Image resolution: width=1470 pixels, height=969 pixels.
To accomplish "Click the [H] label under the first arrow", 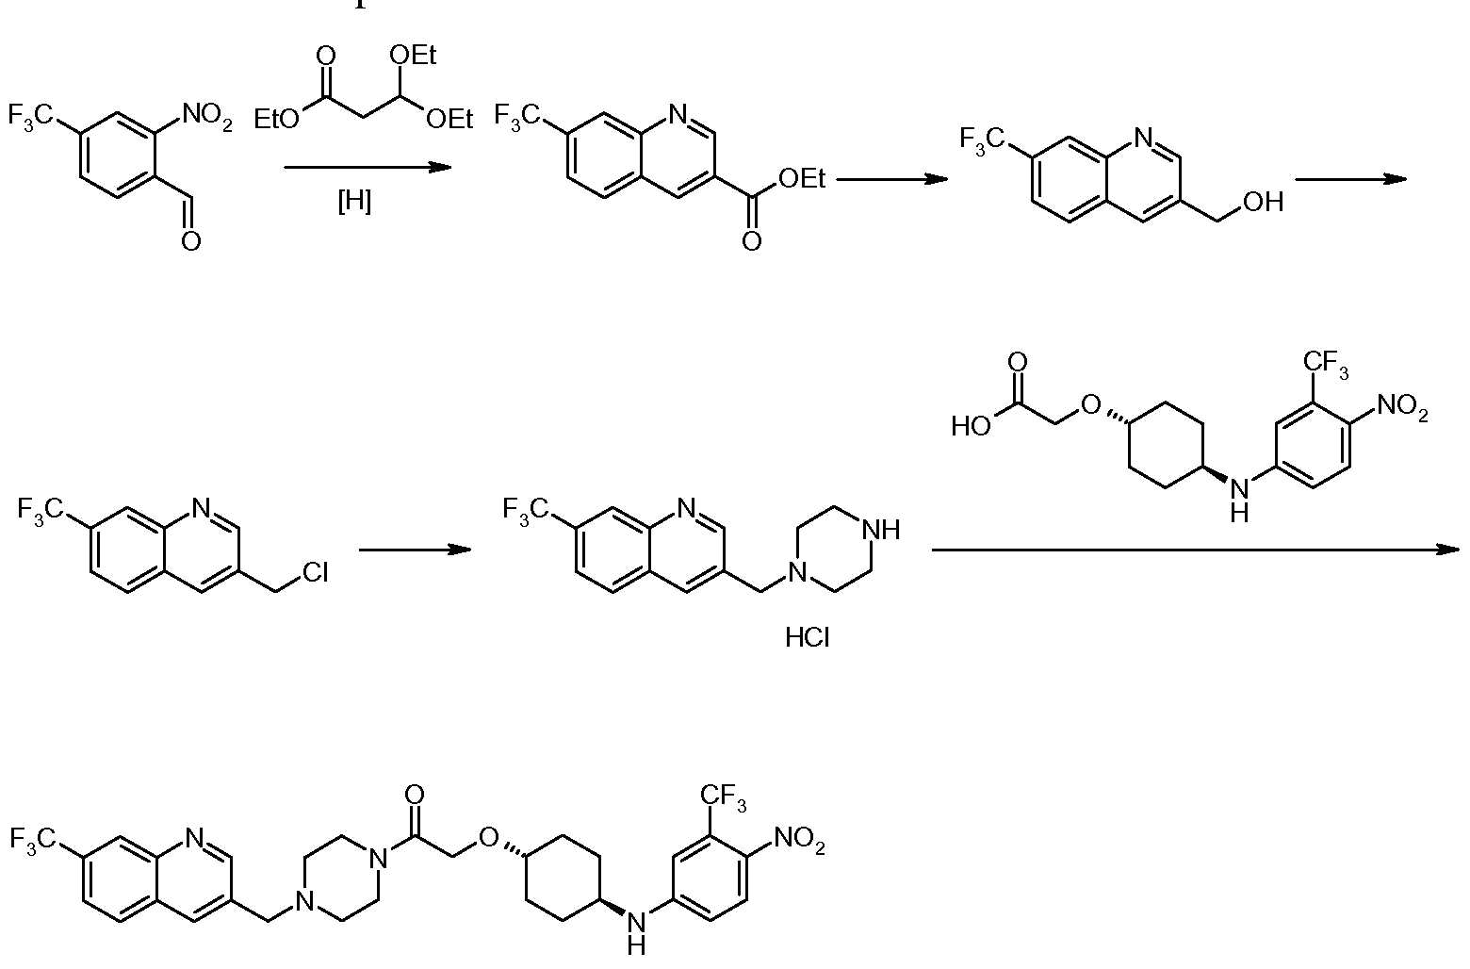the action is coord(354,201).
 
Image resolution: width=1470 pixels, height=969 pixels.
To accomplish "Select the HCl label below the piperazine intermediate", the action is coord(808,637).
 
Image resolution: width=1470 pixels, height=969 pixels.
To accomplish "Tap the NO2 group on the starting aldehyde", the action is coord(207,116).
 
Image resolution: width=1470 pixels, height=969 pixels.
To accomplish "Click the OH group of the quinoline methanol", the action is coord(1264,202).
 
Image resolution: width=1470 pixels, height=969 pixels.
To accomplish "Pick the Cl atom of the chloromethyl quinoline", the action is coord(315,572).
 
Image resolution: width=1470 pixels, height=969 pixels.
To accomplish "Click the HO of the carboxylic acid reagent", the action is coord(971,427).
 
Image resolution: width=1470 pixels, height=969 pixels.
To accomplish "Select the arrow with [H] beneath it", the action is coord(367,168).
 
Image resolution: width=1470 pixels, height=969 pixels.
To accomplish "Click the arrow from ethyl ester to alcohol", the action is coord(891,178).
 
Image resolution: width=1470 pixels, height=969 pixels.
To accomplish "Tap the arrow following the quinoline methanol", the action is coord(1350,178).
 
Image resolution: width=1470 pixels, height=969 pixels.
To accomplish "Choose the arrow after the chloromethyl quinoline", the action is coord(415,549).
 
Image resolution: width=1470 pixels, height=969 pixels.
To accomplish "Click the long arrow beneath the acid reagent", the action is coord(1196,549).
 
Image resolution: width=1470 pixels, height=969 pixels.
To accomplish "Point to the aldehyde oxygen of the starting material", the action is coord(191,241).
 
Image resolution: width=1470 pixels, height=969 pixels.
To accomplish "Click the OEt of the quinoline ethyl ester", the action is coord(802,178).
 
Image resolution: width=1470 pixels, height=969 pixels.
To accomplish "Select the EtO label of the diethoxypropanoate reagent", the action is coord(276,120).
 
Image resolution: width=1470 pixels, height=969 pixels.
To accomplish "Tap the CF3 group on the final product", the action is coord(723,797).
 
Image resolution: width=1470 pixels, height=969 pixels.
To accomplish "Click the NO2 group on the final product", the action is coord(800,840).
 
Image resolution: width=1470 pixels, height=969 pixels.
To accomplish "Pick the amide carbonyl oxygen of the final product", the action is coord(414,795).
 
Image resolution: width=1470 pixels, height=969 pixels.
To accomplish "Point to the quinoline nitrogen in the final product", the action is coord(194,838).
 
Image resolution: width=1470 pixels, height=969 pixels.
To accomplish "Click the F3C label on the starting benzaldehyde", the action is coord(30,116).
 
